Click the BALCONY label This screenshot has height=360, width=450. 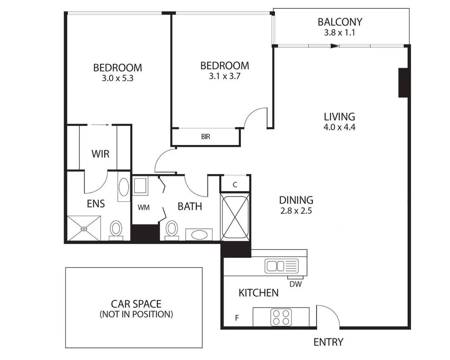point(340,22)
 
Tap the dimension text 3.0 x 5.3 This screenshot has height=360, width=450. point(118,79)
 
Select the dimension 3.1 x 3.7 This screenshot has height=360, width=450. point(224,76)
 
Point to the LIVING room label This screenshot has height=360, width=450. point(339,117)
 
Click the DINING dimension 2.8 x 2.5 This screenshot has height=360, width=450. point(296,211)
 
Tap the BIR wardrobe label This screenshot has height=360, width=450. point(206,137)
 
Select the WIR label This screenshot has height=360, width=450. point(100,154)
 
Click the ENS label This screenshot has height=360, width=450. point(96,204)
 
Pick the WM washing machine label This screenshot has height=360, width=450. point(144,208)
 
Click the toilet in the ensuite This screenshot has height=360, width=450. point(116,229)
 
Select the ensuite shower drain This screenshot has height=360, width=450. point(83,229)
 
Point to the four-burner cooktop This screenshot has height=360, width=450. point(281,317)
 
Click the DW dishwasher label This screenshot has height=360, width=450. point(295,284)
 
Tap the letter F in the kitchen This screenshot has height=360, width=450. point(237,318)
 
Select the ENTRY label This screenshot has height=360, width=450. point(328,342)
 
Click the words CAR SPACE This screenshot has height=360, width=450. point(136,304)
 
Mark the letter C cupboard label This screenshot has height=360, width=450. point(235,185)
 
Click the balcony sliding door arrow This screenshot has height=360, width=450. point(334,46)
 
